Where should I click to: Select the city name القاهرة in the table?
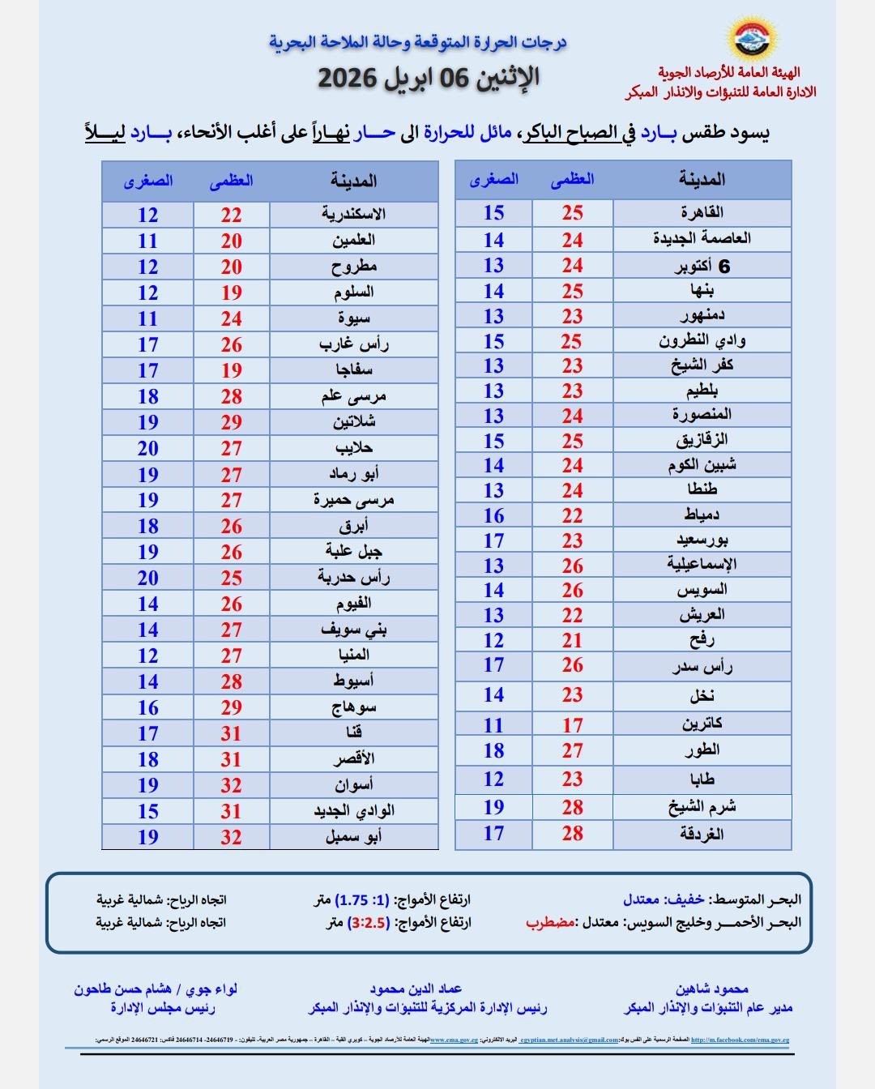point(702,212)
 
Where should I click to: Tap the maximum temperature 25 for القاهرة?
point(573,213)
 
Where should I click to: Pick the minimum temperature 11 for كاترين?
point(493,725)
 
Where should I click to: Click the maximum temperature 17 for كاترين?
point(573,725)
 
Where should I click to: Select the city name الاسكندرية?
point(353,215)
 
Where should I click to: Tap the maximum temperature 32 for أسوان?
point(232,785)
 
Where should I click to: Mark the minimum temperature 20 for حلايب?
point(147,448)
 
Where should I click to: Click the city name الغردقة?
point(702,834)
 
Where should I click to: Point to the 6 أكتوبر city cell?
point(702,267)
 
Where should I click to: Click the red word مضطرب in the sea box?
point(550,922)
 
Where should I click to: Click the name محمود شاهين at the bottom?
point(711,989)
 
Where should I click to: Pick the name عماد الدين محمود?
point(416,989)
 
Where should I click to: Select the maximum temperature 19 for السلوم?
point(232,293)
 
